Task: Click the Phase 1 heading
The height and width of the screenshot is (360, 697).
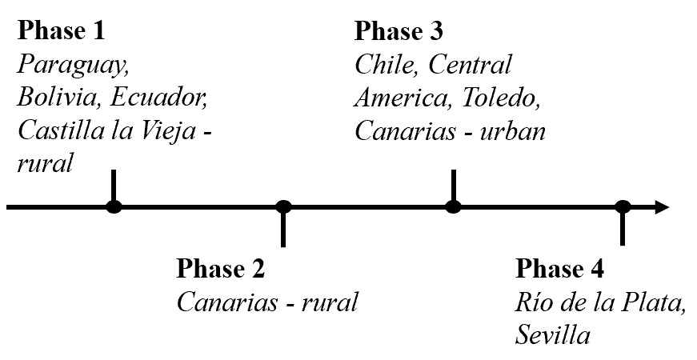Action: pyautogui.click(x=62, y=31)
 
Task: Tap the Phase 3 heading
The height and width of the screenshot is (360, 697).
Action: pyautogui.click(x=398, y=31)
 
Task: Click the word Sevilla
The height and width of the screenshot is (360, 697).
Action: pyautogui.click(x=553, y=334)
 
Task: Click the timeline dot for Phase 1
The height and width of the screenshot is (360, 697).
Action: pyautogui.click(x=114, y=208)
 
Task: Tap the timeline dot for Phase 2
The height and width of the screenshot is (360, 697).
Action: pyautogui.click(x=283, y=208)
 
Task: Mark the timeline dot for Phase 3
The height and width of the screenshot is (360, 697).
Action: pyautogui.click(x=454, y=208)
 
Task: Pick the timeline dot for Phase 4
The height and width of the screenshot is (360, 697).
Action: pyautogui.click(x=623, y=208)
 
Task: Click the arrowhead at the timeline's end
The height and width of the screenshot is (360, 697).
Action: pyautogui.click(x=662, y=208)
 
